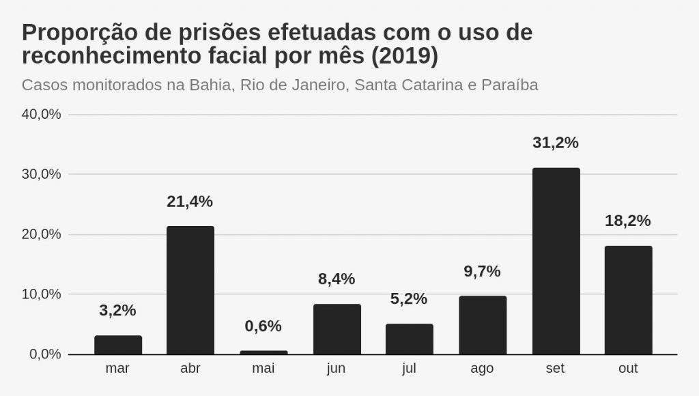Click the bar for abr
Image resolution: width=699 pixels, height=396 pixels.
pyautogui.click(x=190, y=290)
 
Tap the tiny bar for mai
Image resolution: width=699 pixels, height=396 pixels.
pyautogui.click(x=263, y=352)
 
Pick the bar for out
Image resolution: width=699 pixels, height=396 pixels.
pyautogui.click(x=628, y=300)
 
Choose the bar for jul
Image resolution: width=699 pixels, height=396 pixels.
pyautogui.click(x=409, y=339)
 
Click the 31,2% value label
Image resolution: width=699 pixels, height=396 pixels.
pyautogui.click(x=555, y=143)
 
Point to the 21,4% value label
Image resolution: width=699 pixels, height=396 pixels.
pyautogui.click(x=190, y=201)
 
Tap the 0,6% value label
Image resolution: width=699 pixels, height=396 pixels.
pyautogui.click(x=263, y=326)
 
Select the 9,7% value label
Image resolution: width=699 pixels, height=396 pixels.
pyautogui.click(x=482, y=271)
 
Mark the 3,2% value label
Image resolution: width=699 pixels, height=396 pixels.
pyautogui.click(x=117, y=310)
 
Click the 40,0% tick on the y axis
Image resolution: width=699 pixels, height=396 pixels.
pyautogui.click(x=42, y=114)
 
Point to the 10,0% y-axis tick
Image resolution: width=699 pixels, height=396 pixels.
pyautogui.click(x=42, y=294)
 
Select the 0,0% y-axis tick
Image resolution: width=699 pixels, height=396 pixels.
pyautogui.click(x=45, y=354)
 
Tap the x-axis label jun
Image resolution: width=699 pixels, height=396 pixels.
pyautogui.click(x=336, y=369)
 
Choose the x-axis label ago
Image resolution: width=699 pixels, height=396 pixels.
pyautogui.click(x=482, y=369)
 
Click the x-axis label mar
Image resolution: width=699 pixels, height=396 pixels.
pyautogui.click(x=117, y=369)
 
